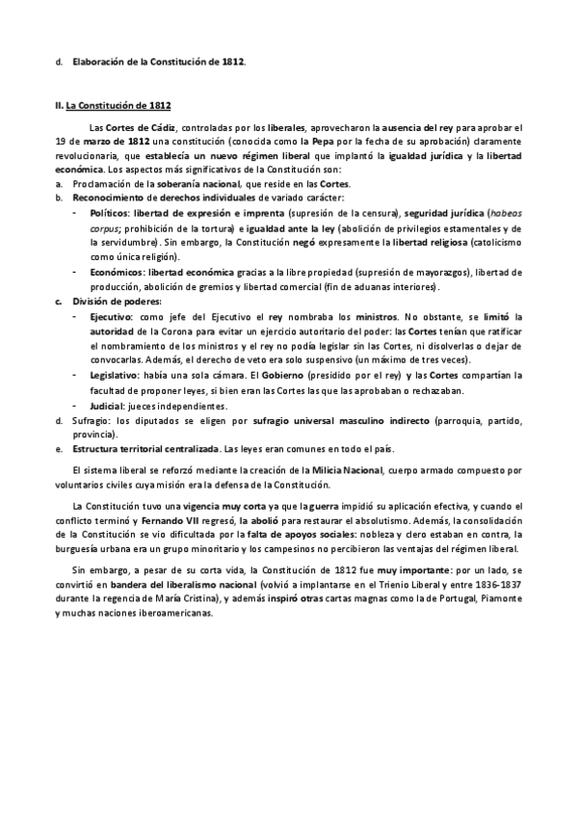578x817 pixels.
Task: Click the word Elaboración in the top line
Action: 99,63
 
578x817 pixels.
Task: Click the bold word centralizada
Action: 182,450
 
